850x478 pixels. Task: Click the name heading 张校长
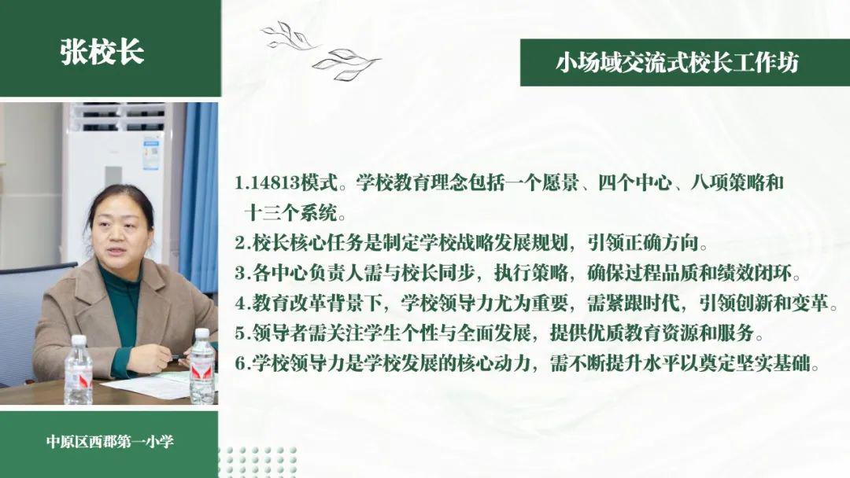pyautogui.click(x=102, y=53)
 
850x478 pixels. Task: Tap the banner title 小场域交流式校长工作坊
pyautogui.click(x=677, y=63)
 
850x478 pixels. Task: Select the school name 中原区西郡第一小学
pyautogui.click(x=110, y=442)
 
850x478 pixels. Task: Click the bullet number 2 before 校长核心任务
pyautogui.click(x=240, y=244)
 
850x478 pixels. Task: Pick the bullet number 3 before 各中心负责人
pyautogui.click(x=240, y=274)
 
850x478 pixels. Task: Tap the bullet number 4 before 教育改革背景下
pyautogui.click(x=240, y=303)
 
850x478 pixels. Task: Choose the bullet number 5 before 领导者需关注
pyautogui.click(x=240, y=333)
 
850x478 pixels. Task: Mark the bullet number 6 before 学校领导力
pyautogui.click(x=240, y=363)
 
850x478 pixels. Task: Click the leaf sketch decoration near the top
pyautogui.click(x=320, y=50)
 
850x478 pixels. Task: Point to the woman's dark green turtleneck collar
pyautogui.click(x=116, y=276)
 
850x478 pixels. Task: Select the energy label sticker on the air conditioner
pyautogui.click(x=151, y=155)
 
